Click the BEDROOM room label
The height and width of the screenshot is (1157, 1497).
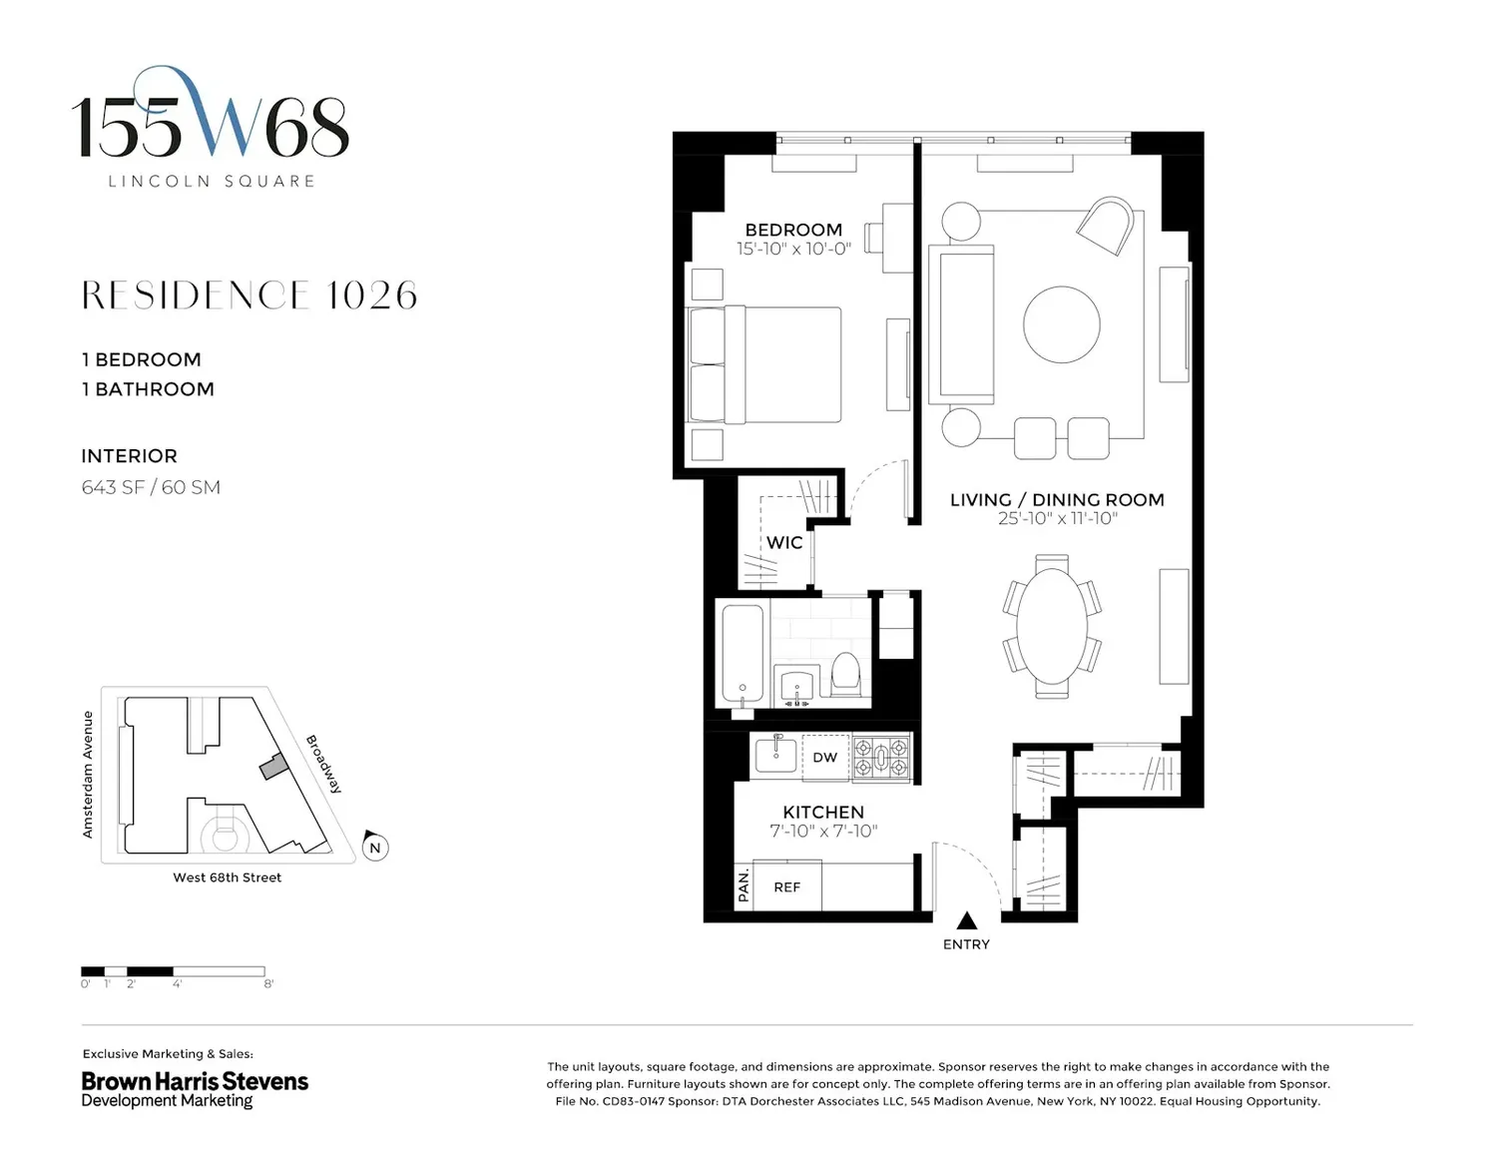click(x=793, y=230)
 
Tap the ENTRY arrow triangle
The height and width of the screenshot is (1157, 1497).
click(x=966, y=920)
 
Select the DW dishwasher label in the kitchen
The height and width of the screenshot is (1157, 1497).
click(x=824, y=758)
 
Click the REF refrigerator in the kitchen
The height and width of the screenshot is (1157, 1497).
click(x=786, y=886)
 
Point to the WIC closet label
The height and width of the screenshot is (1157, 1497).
click(x=784, y=542)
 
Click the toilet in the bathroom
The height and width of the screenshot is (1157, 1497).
click(x=846, y=674)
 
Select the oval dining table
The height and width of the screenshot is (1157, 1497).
click(x=1052, y=626)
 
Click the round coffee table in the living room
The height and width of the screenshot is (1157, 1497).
click(x=1061, y=324)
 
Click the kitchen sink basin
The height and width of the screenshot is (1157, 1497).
click(x=776, y=756)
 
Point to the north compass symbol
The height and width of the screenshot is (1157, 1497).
click(x=375, y=846)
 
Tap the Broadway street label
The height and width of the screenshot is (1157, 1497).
click(x=323, y=764)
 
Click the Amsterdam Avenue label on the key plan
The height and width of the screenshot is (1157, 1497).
click(x=88, y=775)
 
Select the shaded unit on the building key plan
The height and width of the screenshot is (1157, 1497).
click(x=273, y=767)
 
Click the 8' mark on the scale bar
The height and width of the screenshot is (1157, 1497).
click(x=268, y=983)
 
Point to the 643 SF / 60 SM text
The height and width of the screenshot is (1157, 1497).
click(x=151, y=487)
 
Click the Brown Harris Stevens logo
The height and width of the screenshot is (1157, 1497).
click(x=195, y=1089)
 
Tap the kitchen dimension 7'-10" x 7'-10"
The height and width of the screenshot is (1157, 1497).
click(x=823, y=831)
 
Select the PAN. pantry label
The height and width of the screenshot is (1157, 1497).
click(x=744, y=886)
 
